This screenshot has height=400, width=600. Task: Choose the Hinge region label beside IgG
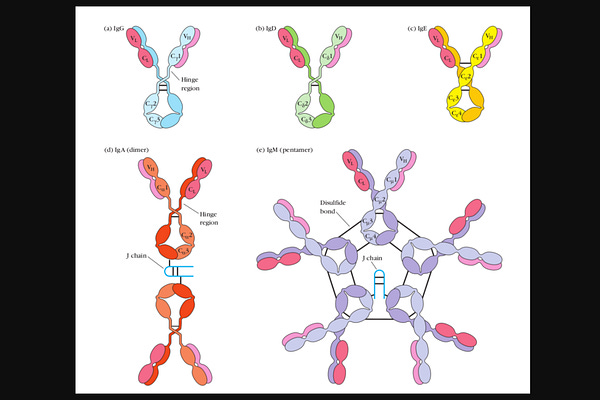click(x=192, y=94)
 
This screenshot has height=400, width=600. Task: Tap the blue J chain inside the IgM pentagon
click(x=379, y=286)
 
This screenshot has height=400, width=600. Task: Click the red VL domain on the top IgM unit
click(x=351, y=161)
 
